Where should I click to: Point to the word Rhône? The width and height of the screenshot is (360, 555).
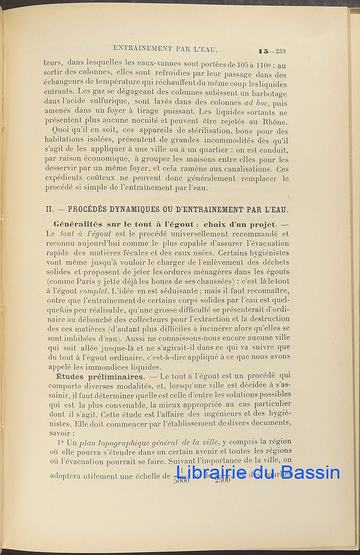coord(276,122)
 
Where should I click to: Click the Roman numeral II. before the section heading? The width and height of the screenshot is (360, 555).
coord(49,209)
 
